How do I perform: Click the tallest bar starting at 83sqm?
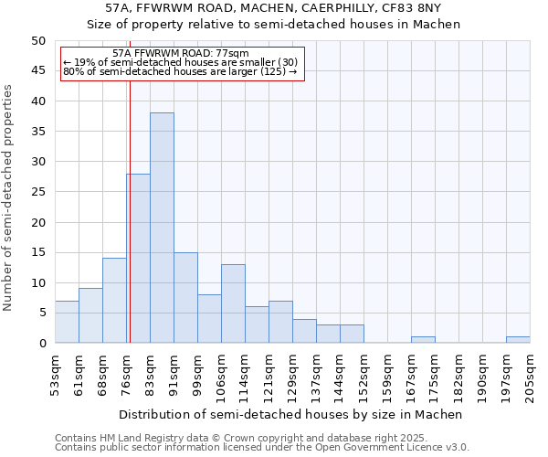[x=162, y=228]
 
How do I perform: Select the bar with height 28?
[x=139, y=258]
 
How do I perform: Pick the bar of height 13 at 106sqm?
[x=233, y=303]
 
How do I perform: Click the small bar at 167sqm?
[x=423, y=340]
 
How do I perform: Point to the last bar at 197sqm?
[x=518, y=340]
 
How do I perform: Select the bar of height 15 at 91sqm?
[x=185, y=297]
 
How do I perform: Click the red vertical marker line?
[x=130, y=228]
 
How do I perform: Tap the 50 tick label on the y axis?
[x=37, y=41]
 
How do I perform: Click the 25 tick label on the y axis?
[x=37, y=192]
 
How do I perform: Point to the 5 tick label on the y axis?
[x=41, y=313]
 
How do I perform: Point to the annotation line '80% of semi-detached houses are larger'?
[x=180, y=71]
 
